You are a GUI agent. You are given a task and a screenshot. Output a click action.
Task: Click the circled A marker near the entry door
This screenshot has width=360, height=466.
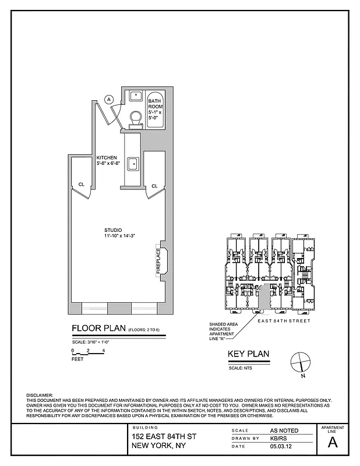point(108,100)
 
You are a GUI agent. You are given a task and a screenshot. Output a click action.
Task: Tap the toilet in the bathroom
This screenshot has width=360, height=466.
point(135,119)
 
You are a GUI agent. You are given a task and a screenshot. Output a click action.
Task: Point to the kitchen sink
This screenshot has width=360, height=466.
point(133,164)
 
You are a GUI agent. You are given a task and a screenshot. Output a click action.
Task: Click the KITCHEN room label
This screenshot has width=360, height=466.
point(107,158)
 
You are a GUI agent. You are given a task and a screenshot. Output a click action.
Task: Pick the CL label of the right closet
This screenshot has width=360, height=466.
point(154,186)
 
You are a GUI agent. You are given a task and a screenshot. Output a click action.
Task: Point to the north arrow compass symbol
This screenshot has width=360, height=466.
point(299,362)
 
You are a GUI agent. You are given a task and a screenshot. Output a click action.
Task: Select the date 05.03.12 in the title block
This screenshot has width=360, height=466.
point(280,447)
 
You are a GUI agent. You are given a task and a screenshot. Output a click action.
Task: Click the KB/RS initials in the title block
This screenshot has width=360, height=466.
point(278,438)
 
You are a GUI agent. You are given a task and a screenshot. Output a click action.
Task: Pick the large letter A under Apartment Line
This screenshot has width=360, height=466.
point(333,442)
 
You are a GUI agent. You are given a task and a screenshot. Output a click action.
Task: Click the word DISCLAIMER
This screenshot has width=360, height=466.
point(40,395)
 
